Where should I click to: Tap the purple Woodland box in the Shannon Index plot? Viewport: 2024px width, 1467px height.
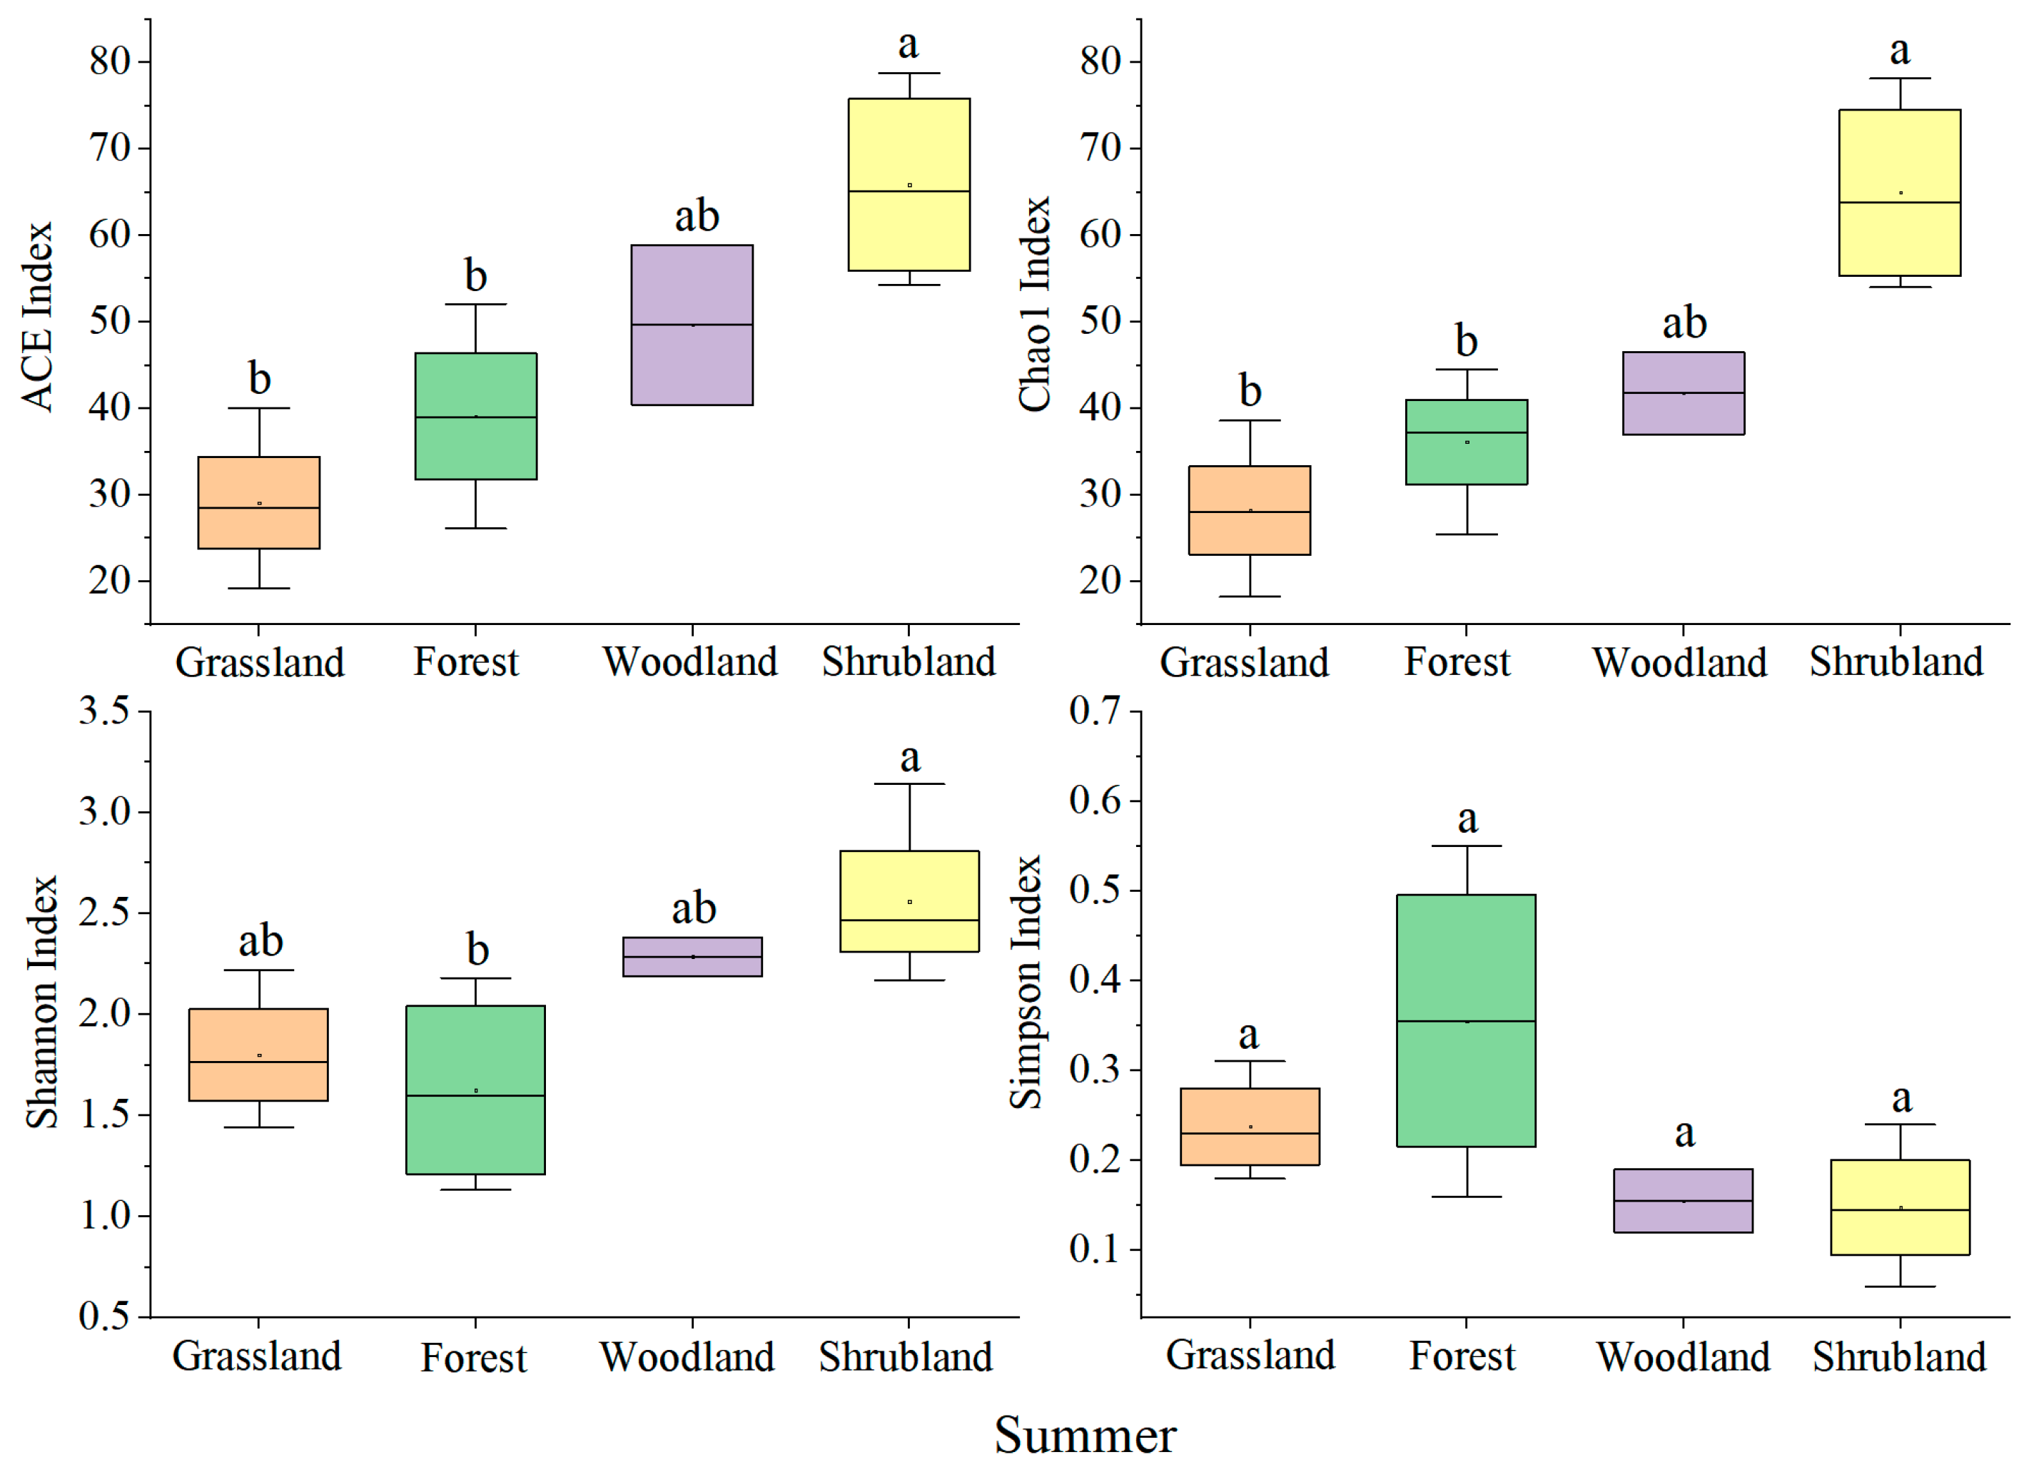click(x=692, y=957)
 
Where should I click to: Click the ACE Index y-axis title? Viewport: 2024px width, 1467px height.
click(x=38, y=317)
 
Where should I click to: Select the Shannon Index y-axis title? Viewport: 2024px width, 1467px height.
click(x=42, y=1001)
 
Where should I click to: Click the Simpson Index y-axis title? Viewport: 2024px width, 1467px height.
click(x=1026, y=982)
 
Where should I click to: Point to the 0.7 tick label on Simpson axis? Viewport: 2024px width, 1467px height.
click(x=1093, y=711)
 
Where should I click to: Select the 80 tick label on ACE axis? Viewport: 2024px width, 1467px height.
click(x=109, y=61)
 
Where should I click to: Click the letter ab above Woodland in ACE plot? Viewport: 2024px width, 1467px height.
click(x=696, y=216)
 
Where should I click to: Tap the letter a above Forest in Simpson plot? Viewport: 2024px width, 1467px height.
click(x=1467, y=818)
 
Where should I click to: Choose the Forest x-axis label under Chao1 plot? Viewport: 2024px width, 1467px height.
click(x=1457, y=662)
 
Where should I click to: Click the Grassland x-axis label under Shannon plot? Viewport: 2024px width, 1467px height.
click(x=257, y=1356)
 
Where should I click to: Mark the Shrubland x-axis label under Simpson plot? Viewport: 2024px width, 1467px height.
click(x=1899, y=1356)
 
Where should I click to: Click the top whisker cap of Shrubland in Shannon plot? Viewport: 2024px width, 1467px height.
click(x=909, y=783)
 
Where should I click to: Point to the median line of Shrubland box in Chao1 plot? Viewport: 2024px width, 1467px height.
click(x=1899, y=203)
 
